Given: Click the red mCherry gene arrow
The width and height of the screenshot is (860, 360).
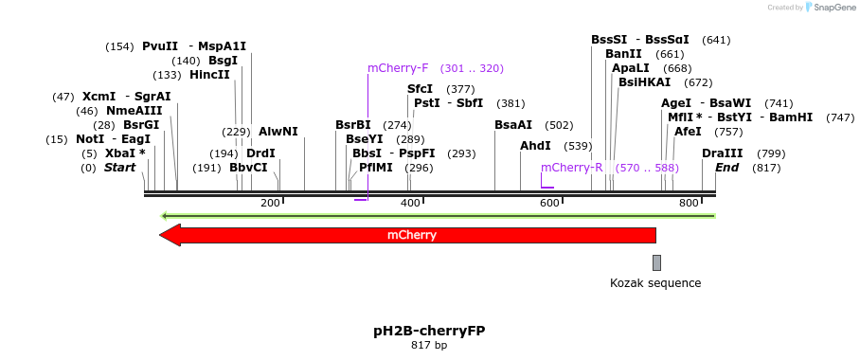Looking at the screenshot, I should [x=407, y=235].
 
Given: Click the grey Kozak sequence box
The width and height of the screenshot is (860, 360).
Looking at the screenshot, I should [x=656, y=262].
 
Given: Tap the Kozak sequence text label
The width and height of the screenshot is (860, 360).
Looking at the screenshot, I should [x=655, y=282].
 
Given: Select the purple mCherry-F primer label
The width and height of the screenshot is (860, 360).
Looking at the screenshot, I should [x=398, y=68].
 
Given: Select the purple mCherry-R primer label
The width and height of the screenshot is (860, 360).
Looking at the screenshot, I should [x=572, y=168].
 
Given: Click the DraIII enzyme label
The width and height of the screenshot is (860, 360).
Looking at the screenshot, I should [x=723, y=153].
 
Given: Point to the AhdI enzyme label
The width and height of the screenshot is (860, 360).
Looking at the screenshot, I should [x=535, y=146].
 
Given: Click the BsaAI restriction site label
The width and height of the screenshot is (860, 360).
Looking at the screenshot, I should [x=513, y=125].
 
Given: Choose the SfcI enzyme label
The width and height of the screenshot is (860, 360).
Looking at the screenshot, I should [x=421, y=89].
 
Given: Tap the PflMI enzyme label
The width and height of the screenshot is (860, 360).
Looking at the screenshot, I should [x=376, y=168].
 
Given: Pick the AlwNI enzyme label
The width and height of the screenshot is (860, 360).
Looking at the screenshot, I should [x=278, y=132].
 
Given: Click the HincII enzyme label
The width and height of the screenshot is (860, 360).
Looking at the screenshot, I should [x=209, y=75].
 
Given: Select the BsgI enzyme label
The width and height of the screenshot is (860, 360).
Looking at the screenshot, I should [x=224, y=61].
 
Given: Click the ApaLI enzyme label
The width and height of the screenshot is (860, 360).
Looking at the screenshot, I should [x=631, y=68].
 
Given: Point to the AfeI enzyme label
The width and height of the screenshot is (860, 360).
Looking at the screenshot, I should [x=688, y=132].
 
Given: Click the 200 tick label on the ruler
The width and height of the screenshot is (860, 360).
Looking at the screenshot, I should [x=270, y=204].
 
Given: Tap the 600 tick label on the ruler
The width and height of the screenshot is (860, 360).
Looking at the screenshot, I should [x=549, y=204].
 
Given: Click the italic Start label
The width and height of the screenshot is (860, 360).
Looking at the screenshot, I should [x=120, y=168].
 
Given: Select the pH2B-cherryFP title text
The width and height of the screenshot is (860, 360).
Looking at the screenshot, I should [x=429, y=331].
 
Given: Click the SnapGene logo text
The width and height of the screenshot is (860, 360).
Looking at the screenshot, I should [x=833, y=8].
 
